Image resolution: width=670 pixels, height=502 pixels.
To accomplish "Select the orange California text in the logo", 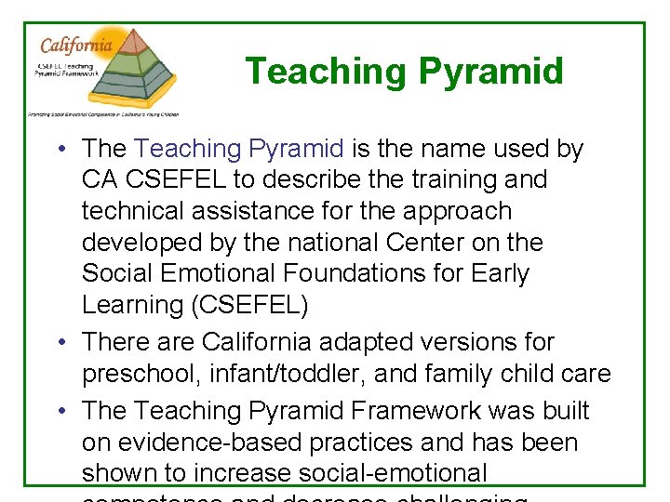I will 75,45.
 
